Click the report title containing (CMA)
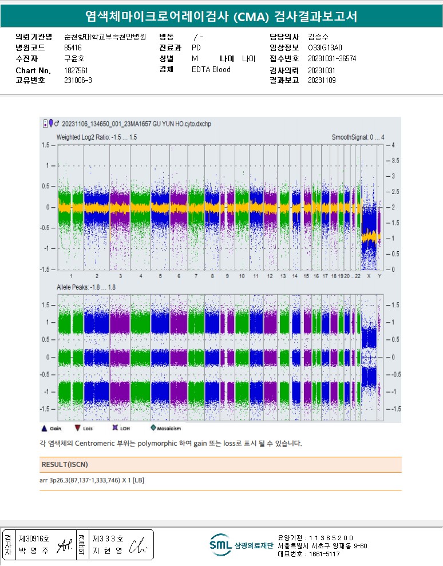[221, 16]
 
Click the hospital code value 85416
[73, 48]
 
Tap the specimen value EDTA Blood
[211, 69]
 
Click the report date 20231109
[321, 80]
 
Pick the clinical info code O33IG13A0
[325, 48]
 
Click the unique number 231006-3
[78, 80]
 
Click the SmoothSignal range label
[358, 137]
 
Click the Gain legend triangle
[44, 428]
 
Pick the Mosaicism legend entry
[153, 428]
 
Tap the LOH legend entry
[115, 428]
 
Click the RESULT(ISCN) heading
[65, 464]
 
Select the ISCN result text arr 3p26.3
[92, 480]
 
